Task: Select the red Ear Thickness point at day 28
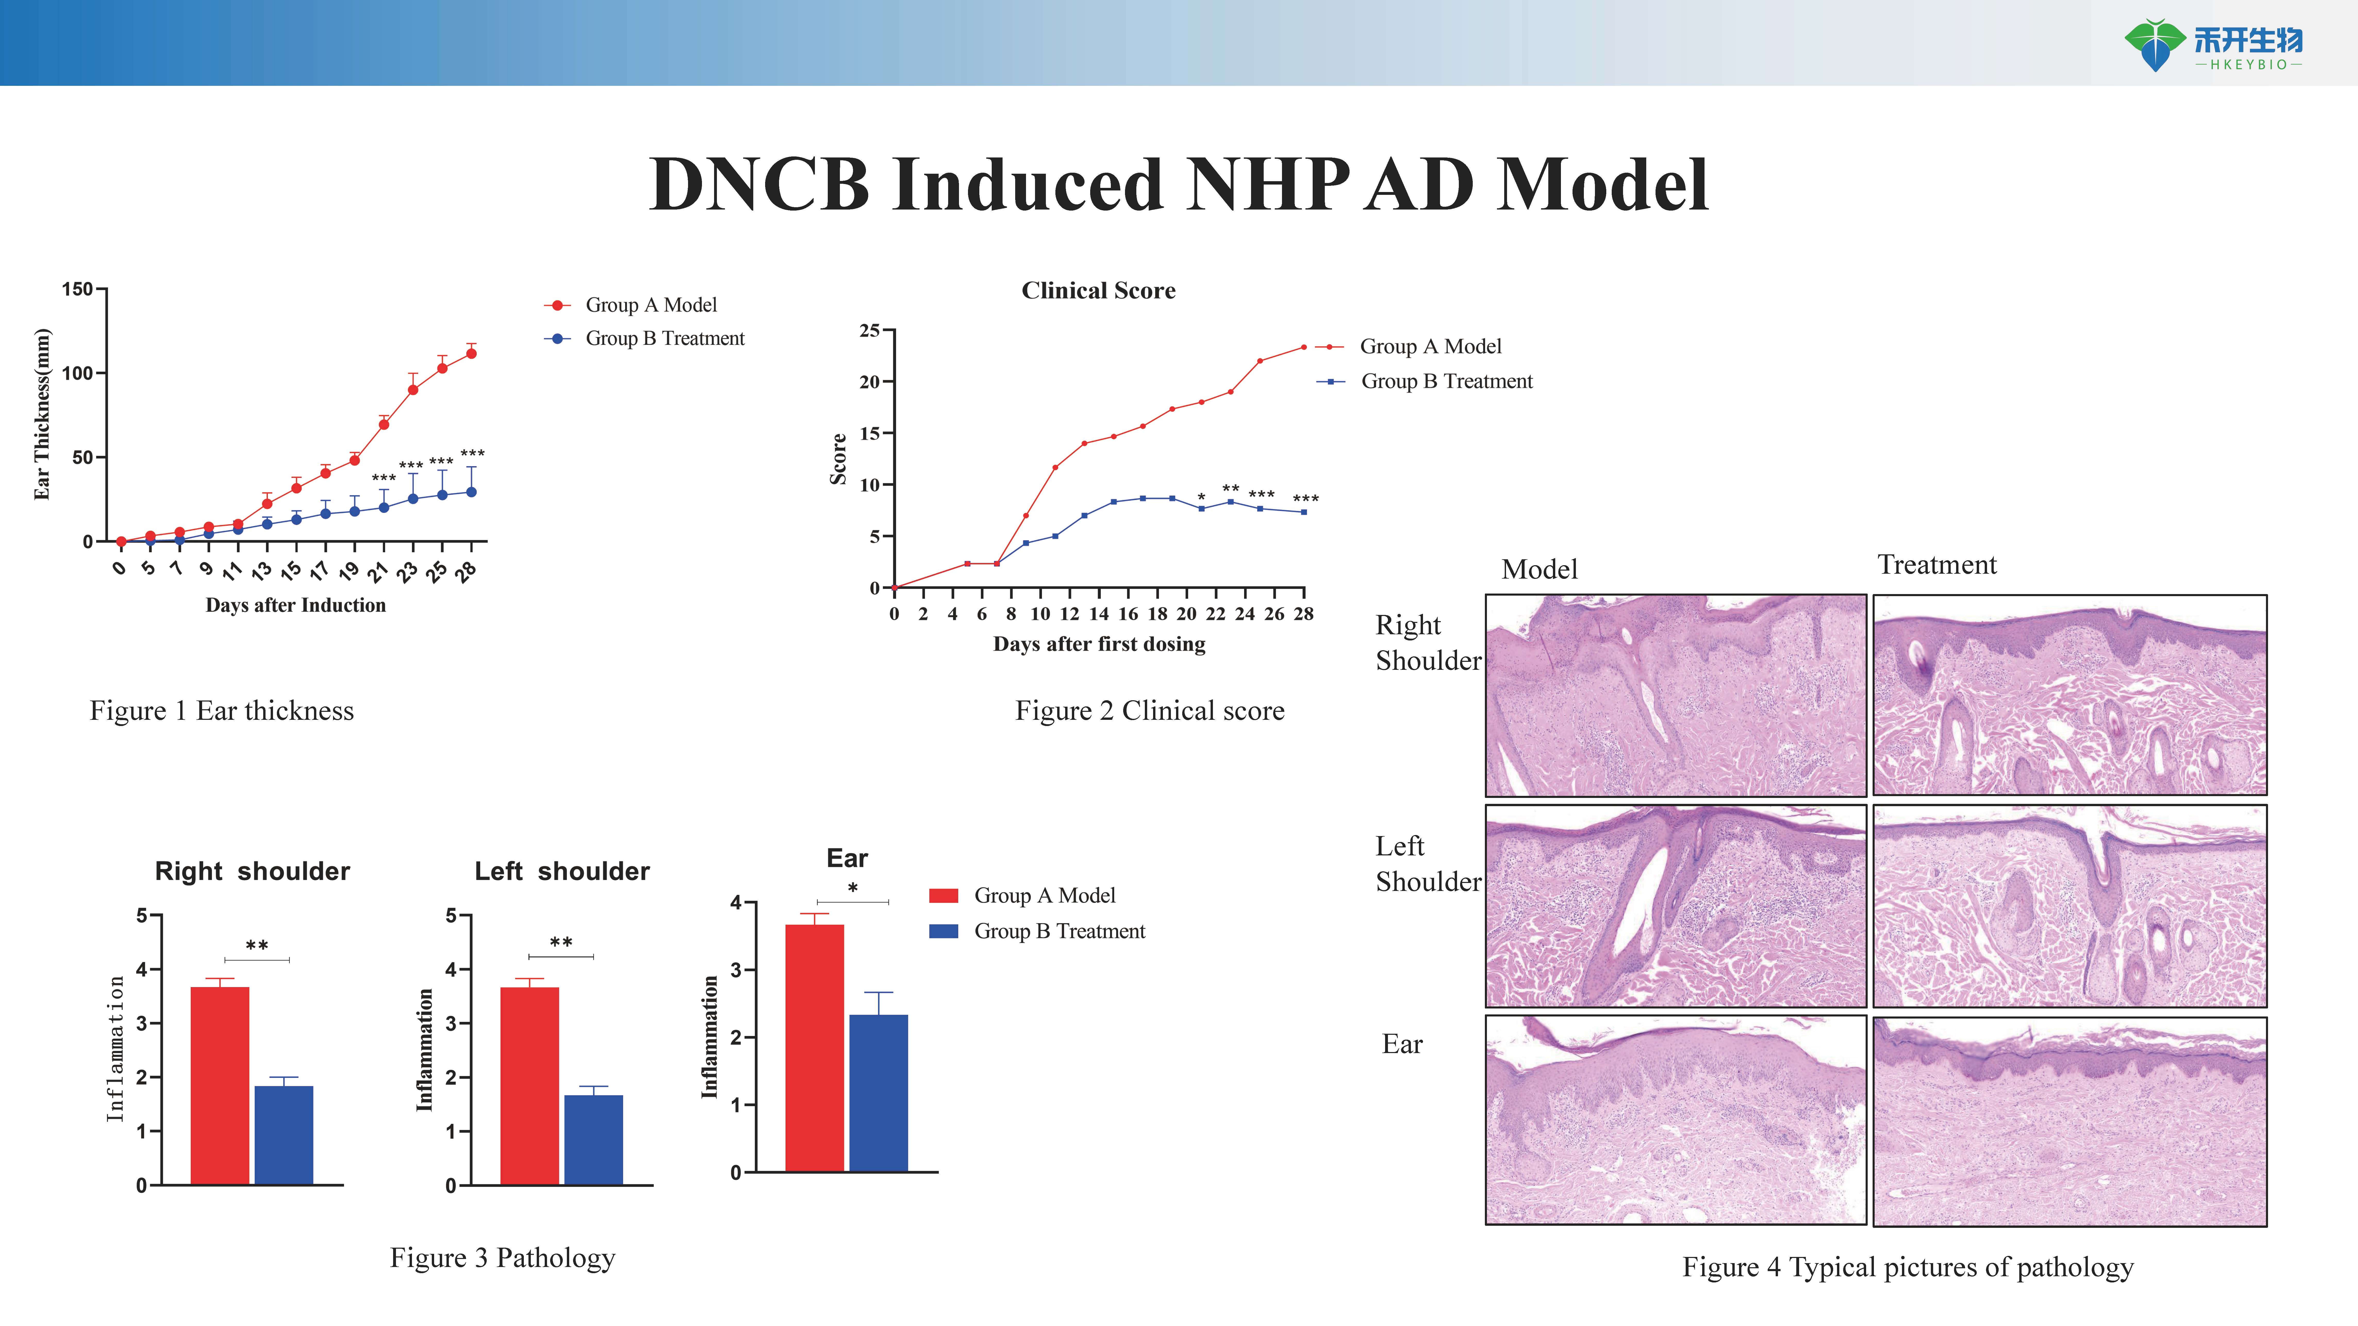coord(471,353)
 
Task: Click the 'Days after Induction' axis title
coord(296,605)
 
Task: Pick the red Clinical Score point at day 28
coord(1303,347)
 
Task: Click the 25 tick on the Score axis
coord(870,330)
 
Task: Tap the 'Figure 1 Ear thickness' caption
coord(221,711)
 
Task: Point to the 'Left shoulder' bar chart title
coord(562,871)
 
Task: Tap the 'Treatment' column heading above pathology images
coord(1937,565)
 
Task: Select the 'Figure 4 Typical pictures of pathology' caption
coord(1908,1267)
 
